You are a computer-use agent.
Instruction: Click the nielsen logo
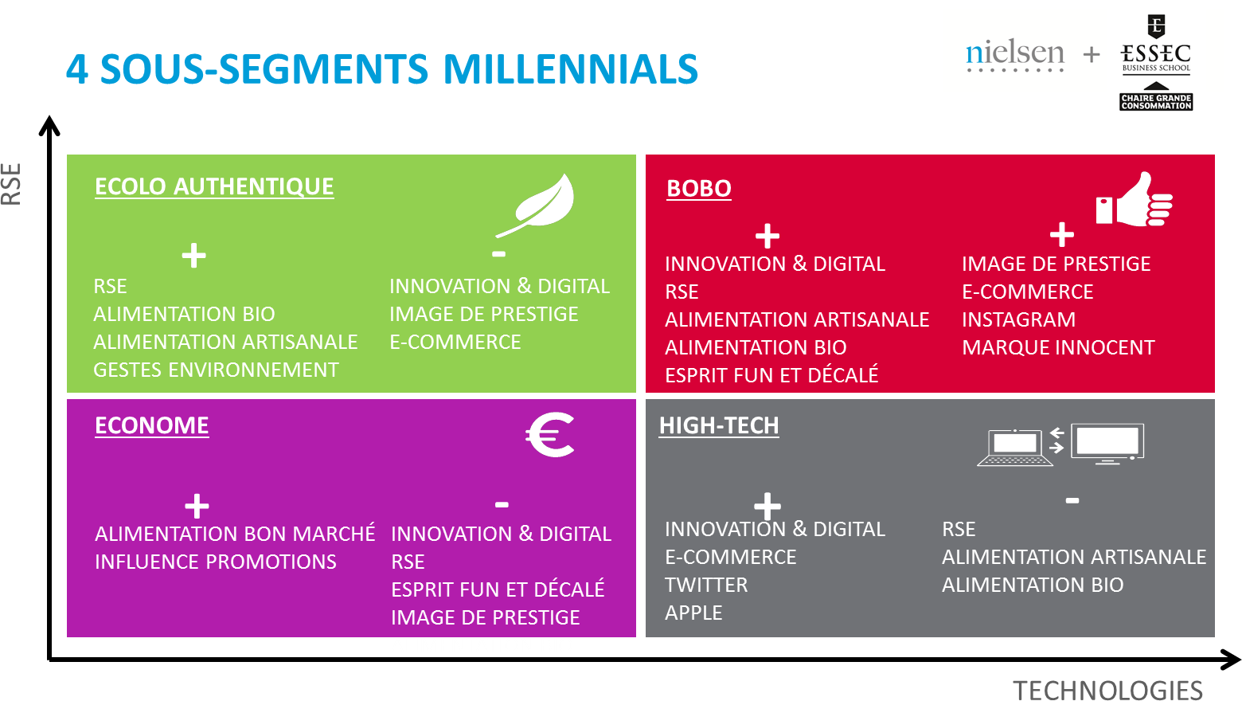(x=1014, y=56)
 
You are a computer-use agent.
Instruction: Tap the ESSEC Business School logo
(x=1156, y=62)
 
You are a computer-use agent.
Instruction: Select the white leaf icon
(x=536, y=204)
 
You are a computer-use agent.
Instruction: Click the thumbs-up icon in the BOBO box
(x=1135, y=200)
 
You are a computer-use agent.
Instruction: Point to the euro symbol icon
(x=550, y=434)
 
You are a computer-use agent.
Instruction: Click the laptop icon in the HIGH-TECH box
(x=1014, y=447)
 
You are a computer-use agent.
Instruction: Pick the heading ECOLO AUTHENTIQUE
(x=214, y=187)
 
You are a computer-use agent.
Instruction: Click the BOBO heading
(x=699, y=189)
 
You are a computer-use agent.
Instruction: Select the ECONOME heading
(x=152, y=426)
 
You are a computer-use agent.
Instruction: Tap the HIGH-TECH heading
(x=719, y=426)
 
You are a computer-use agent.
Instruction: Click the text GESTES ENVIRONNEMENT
(x=216, y=370)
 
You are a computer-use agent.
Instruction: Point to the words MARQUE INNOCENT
(x=1058, y=348)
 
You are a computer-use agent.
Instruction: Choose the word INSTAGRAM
(x=1018, y=320)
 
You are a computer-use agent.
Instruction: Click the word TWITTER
(x=706, y=585)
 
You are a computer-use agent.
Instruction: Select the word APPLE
(x=693, y=613)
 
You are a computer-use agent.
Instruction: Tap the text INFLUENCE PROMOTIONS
(x=216, y=562)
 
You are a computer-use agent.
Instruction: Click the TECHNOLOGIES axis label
(x=1107, y=691)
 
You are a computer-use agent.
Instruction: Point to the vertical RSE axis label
(x=11, y=184)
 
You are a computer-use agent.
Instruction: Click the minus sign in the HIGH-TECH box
(x=1072, y=501)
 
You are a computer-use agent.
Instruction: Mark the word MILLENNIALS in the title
(x=571, y=69)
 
